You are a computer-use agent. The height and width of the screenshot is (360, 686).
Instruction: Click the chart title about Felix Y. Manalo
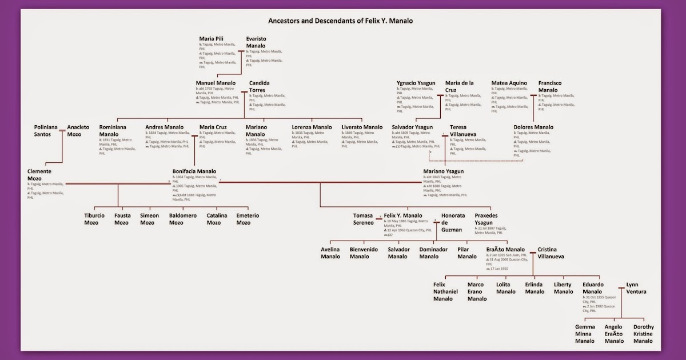[340, 21]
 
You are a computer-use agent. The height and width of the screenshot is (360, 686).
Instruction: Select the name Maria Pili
[212, 39]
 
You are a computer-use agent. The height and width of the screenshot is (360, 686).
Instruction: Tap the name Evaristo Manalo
[256, 42]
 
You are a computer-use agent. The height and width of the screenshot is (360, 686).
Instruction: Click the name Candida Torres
[259, 86]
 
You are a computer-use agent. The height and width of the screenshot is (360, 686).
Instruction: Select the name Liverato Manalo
[362, 127]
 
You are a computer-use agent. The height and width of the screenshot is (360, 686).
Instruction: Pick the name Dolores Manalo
[533, 127]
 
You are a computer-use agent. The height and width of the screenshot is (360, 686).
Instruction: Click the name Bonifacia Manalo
[194, 171]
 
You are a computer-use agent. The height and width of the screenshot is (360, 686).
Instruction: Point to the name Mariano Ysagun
[443, 171]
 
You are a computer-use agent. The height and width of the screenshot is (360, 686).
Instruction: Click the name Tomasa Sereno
[363, 219]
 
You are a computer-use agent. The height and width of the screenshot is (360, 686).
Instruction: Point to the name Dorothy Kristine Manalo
[643, 334]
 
